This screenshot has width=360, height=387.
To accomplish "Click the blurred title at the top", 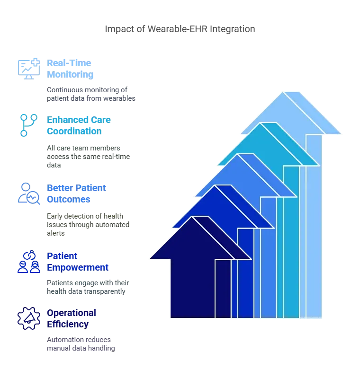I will [180, 29].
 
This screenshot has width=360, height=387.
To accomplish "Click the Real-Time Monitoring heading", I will [70, 69].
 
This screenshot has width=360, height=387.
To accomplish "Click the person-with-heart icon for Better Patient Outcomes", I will [24, 193].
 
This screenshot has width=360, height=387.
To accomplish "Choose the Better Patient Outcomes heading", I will [75, 193].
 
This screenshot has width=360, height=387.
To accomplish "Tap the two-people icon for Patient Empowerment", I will [24, 263].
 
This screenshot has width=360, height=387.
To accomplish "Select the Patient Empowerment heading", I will [78, 262].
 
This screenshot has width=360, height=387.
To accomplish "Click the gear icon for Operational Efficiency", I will [24, 319].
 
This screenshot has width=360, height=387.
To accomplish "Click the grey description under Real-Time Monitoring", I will [90, 94].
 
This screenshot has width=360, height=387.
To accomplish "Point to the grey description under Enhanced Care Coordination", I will [88, 157].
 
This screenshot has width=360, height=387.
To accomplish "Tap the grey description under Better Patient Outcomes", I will [88, 224].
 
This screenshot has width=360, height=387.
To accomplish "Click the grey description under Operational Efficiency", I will [81, 344].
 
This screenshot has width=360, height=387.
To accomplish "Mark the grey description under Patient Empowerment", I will [88, 287].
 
